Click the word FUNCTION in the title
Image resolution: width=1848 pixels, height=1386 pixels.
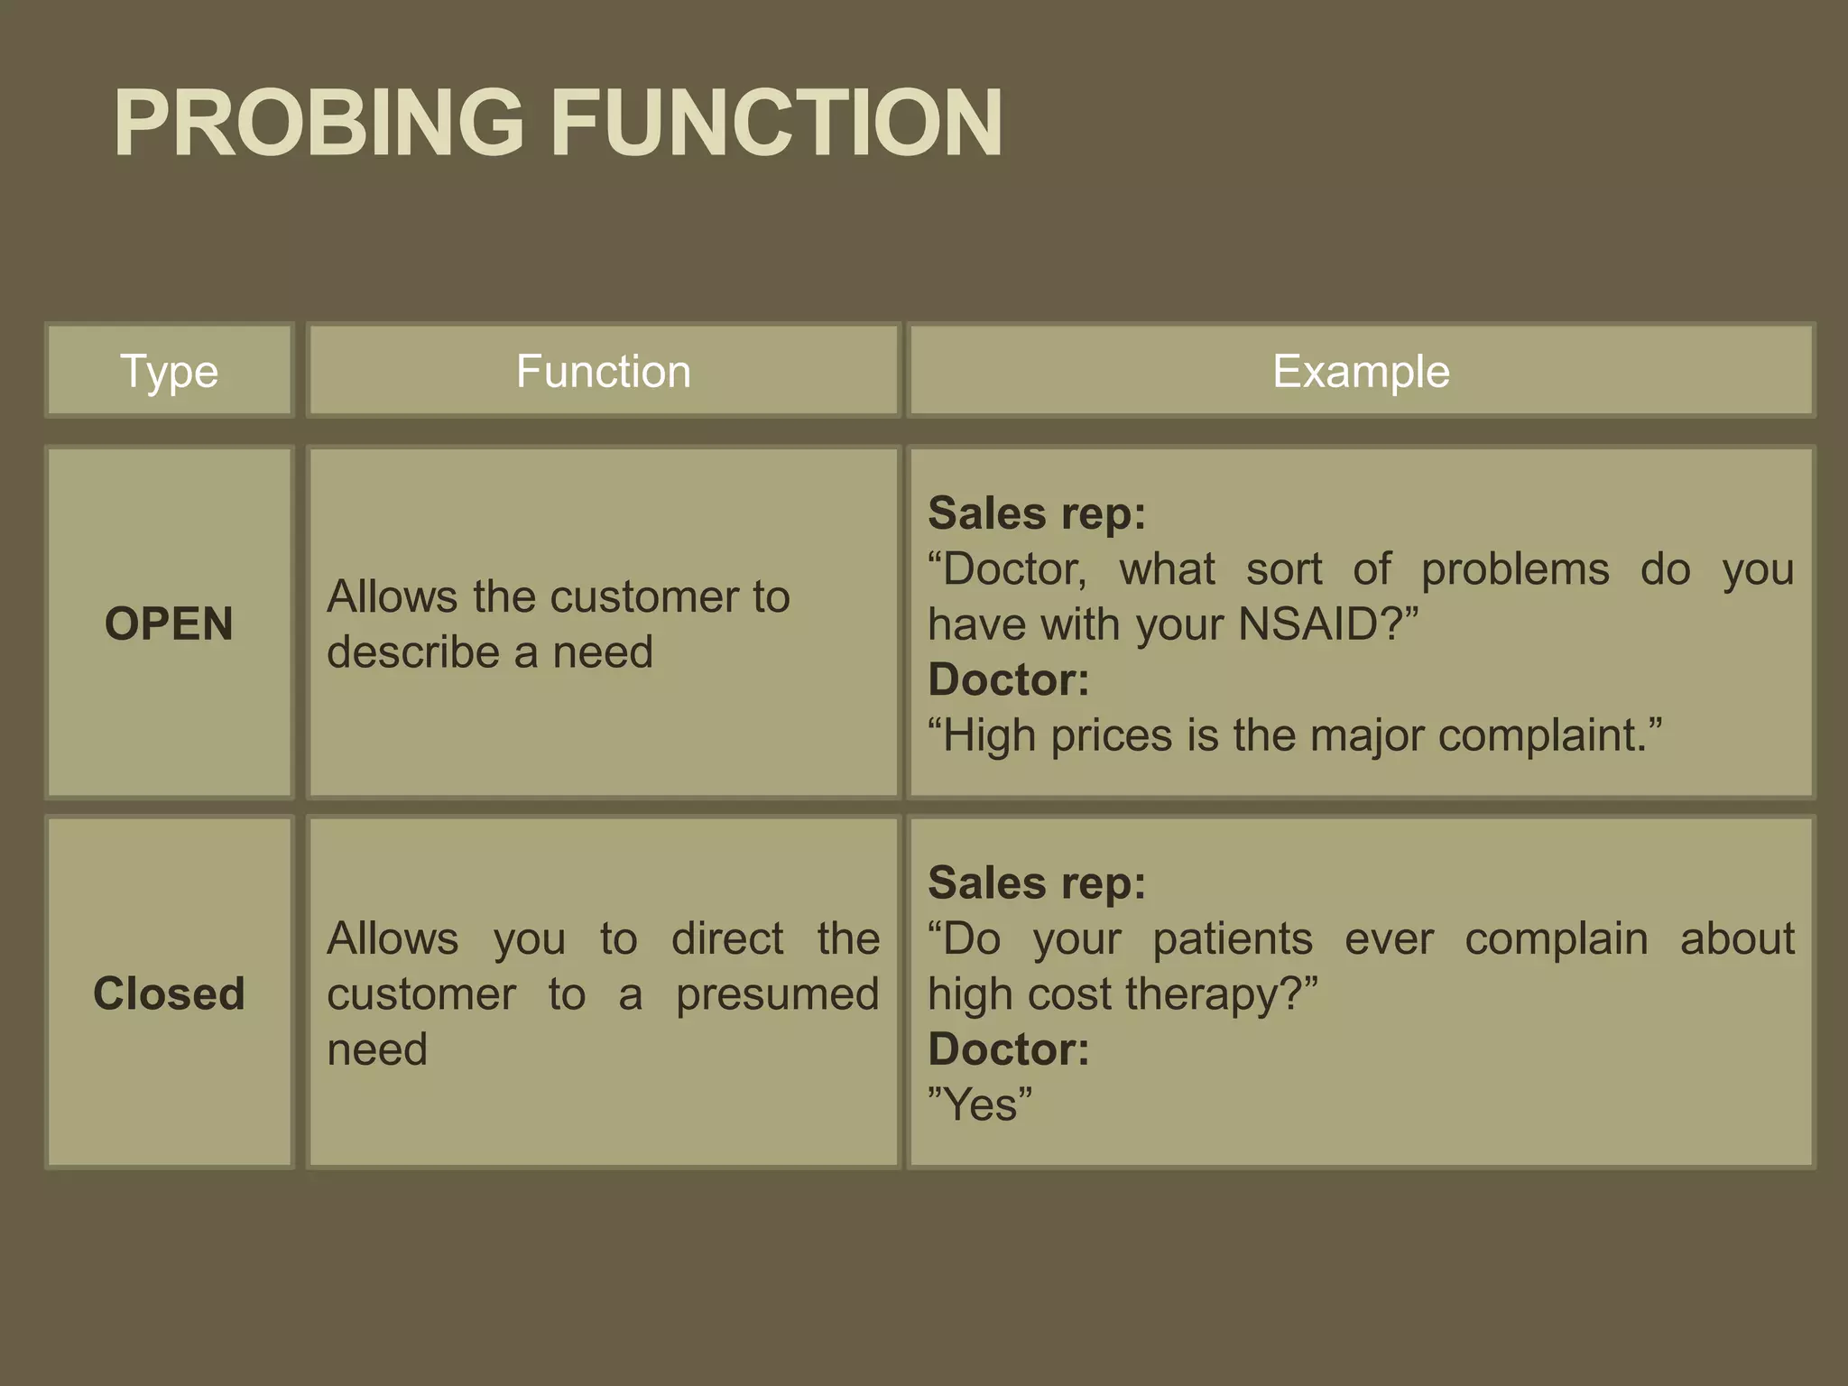(x=776, y=124)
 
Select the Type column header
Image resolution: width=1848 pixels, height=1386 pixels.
(x=170, y=371)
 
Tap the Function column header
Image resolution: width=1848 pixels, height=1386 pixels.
(x=604, y=371)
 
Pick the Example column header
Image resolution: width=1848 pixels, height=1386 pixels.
(x=1361, y=371)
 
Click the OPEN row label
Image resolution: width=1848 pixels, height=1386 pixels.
(x=170, y=624)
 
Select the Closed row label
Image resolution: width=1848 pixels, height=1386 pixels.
(x=170, y=993)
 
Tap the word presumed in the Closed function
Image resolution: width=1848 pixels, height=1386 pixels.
(x=777, y=994)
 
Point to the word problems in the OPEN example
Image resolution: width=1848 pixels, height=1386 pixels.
(x=1515, y=569)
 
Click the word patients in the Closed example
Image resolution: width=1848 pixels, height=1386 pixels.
(x=1233, y=938)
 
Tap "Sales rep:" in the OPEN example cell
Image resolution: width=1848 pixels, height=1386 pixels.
(x=1037, y=513)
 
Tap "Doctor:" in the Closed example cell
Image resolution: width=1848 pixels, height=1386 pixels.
(x=1009, y=1049)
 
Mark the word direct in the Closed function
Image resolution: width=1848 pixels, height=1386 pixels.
(x=727, y=938)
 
